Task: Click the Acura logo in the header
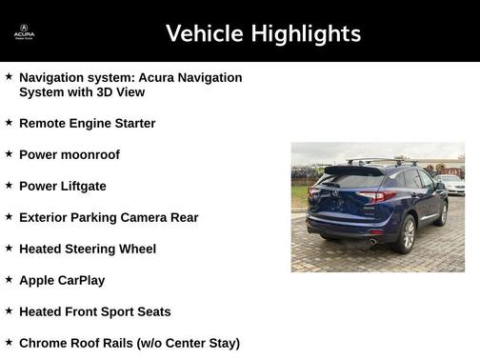24,31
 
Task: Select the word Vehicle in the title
201,34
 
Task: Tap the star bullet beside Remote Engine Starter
9,122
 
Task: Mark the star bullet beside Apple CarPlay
9,279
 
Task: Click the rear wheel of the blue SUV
407,234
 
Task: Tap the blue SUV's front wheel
442,212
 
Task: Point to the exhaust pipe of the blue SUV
372,242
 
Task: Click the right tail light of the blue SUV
377,197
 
